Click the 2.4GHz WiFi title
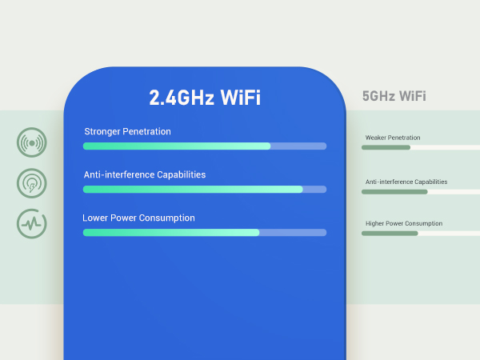(205, 98)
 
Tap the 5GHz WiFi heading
(394, 96)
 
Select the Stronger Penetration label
(127, 131)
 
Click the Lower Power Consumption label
(138, 218)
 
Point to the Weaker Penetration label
(393, 138)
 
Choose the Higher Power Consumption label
(404, 224)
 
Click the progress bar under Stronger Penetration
(204, 146)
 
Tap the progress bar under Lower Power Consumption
(204, 233)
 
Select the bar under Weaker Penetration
(420, 148)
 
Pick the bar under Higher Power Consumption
(420, 234)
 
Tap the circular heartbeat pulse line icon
(32, 223)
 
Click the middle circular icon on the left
(32, 184)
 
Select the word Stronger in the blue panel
(104, 131)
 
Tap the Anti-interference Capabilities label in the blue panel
(145, 174)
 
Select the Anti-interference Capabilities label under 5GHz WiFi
(406, 182)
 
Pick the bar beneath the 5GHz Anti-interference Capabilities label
(420, 192)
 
